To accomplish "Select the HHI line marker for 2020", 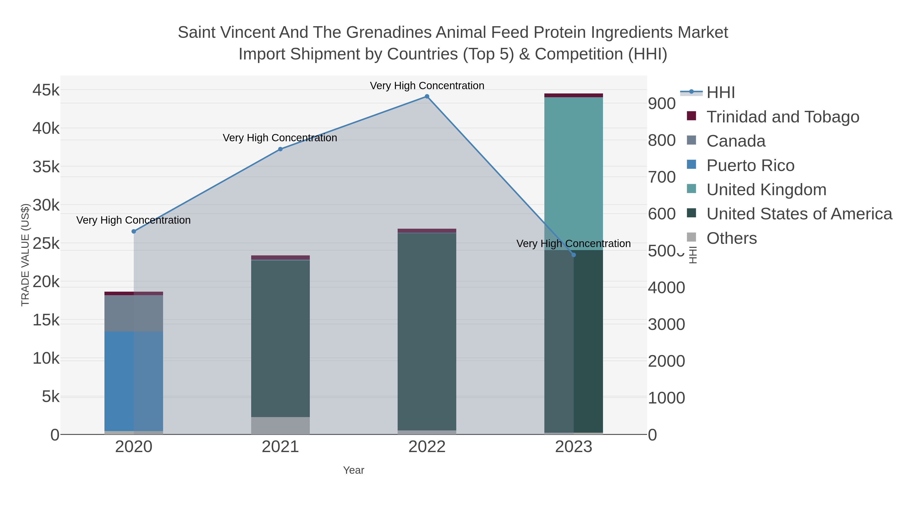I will tap(134, 231).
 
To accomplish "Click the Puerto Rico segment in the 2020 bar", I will tap(134, 380).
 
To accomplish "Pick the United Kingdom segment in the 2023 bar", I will tap(573, 173).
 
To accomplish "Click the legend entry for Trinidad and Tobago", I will tap(782, 117).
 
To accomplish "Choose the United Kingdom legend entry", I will tap(766, 190).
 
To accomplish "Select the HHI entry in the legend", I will tap(720, 93).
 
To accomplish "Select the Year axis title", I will tap(354, 470).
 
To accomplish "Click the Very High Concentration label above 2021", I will tap(280, 138).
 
